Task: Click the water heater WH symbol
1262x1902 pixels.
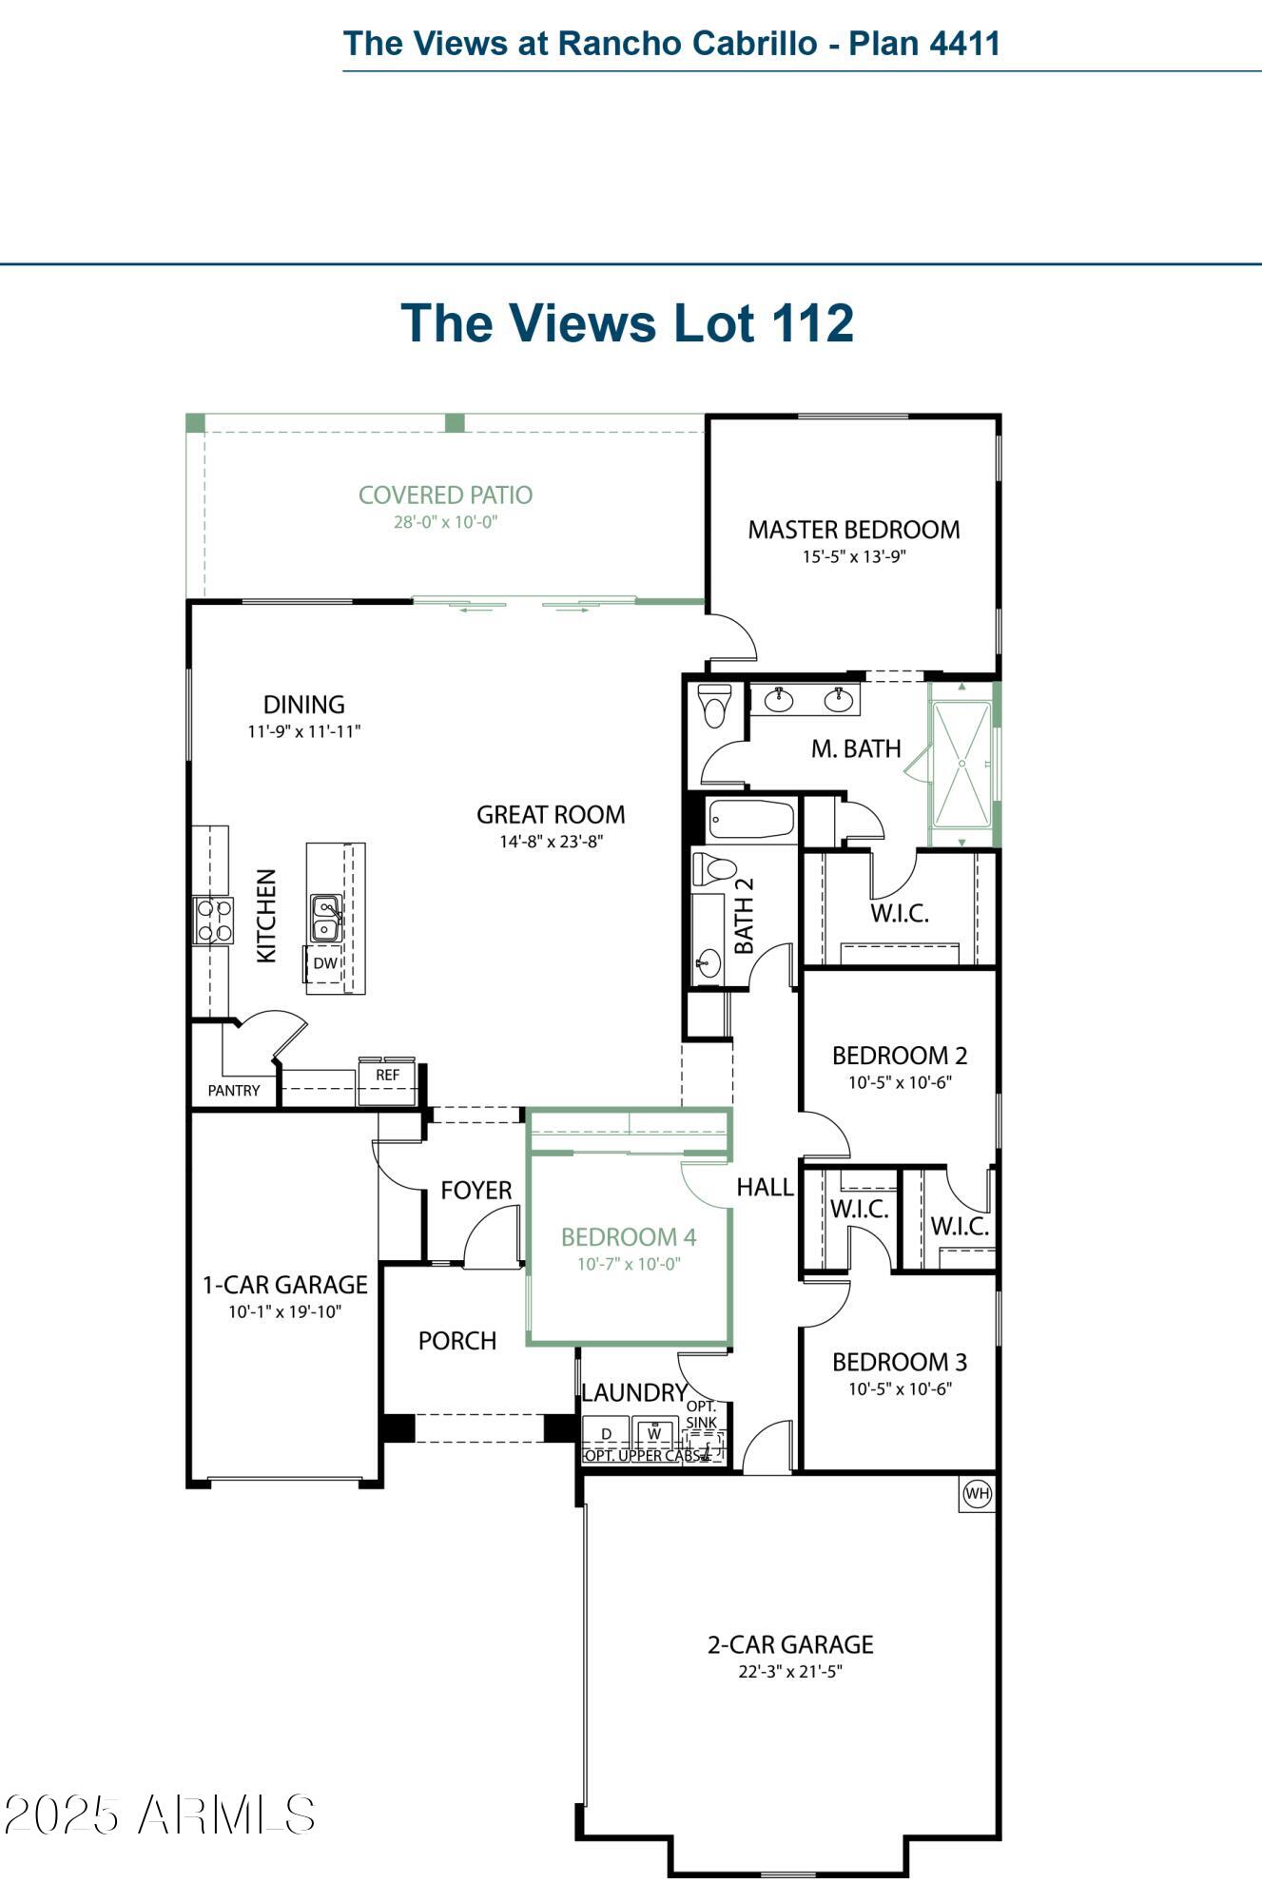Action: (x=977, y=1493)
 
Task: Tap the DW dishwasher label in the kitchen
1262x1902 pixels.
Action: (x=325, y=962)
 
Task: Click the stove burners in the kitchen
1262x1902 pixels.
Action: (x=214, y=921)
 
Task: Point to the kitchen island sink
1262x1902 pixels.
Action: (x=325, y=918)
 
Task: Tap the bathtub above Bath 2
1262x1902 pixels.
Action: (x=751, y=819)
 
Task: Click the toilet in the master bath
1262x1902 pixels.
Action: (x=714, y=704)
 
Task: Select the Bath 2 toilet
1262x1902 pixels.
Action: (x=715, y=869)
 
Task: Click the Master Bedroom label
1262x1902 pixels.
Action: (x=854, y=530)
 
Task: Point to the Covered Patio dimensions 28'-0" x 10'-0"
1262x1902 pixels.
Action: (x=446, y=522)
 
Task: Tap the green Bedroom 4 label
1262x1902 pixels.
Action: (x=629, y=1236)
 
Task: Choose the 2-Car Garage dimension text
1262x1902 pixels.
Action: (x=790, y=1671)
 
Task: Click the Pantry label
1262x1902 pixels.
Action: (x=234, y=1091)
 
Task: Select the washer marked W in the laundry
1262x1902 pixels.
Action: (x=654, y=1433)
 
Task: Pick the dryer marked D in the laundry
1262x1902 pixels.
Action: (x=607, y=1433)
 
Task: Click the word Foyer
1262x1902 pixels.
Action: (x=476, y=1190)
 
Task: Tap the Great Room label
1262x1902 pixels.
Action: (x=551, y=814)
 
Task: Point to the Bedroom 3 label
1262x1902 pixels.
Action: (x=900, y=1362)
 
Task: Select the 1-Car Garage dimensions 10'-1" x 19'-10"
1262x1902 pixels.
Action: (x=285, y=1311)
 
